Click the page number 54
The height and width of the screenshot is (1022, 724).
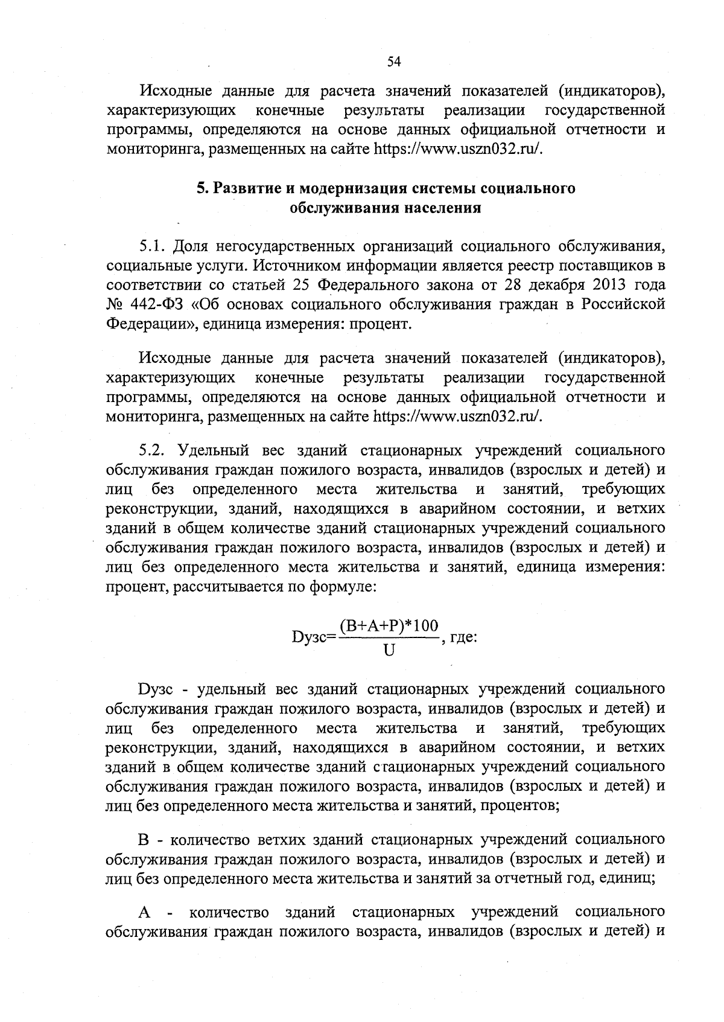coord(393,61)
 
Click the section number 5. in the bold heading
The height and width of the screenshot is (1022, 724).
coord(203,188)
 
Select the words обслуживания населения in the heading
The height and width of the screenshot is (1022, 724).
coord(386,208)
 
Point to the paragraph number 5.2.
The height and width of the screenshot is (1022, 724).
coord(153,450)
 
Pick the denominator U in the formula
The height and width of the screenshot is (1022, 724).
coord(389,651)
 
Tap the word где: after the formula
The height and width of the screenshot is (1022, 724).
coord(464,637)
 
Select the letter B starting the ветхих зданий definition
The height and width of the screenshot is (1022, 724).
coord(144,840)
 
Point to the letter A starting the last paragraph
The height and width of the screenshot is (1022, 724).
coord(144,911)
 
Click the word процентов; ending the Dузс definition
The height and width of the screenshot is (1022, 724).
coord(519,805)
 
